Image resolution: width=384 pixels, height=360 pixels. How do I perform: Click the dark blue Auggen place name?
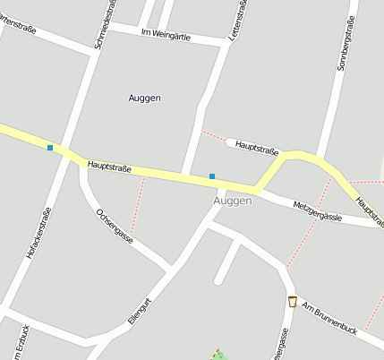(x=144, y=98)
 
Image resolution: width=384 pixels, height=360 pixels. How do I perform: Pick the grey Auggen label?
(x=233, y=201)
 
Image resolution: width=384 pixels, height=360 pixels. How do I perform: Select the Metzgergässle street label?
(x=318, y=211)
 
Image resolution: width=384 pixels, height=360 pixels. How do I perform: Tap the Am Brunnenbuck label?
(x=329, y=318)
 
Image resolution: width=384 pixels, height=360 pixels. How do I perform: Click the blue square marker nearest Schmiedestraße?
(x=50, y=147)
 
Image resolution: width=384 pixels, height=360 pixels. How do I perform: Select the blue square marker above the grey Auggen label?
(x=212, y=176)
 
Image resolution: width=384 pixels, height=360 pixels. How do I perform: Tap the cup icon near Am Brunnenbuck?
(x=292, y=301)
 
